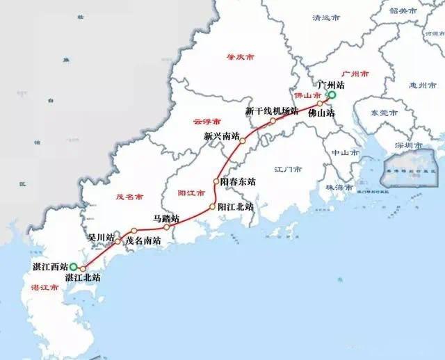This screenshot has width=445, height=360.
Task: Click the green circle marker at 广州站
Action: tap(332, 95)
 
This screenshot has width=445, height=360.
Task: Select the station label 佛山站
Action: tap(321, 112)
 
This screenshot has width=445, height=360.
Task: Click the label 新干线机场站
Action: tap(272, 111)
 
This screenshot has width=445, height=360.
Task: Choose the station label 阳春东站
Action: tap(238, 181)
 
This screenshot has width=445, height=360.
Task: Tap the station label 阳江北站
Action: tap(235, 207)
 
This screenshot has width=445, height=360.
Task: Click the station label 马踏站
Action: tap(165, 218)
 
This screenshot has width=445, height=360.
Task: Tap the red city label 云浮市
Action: tap(207, 120)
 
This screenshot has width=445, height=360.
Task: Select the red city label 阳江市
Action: tap(191, 193)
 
